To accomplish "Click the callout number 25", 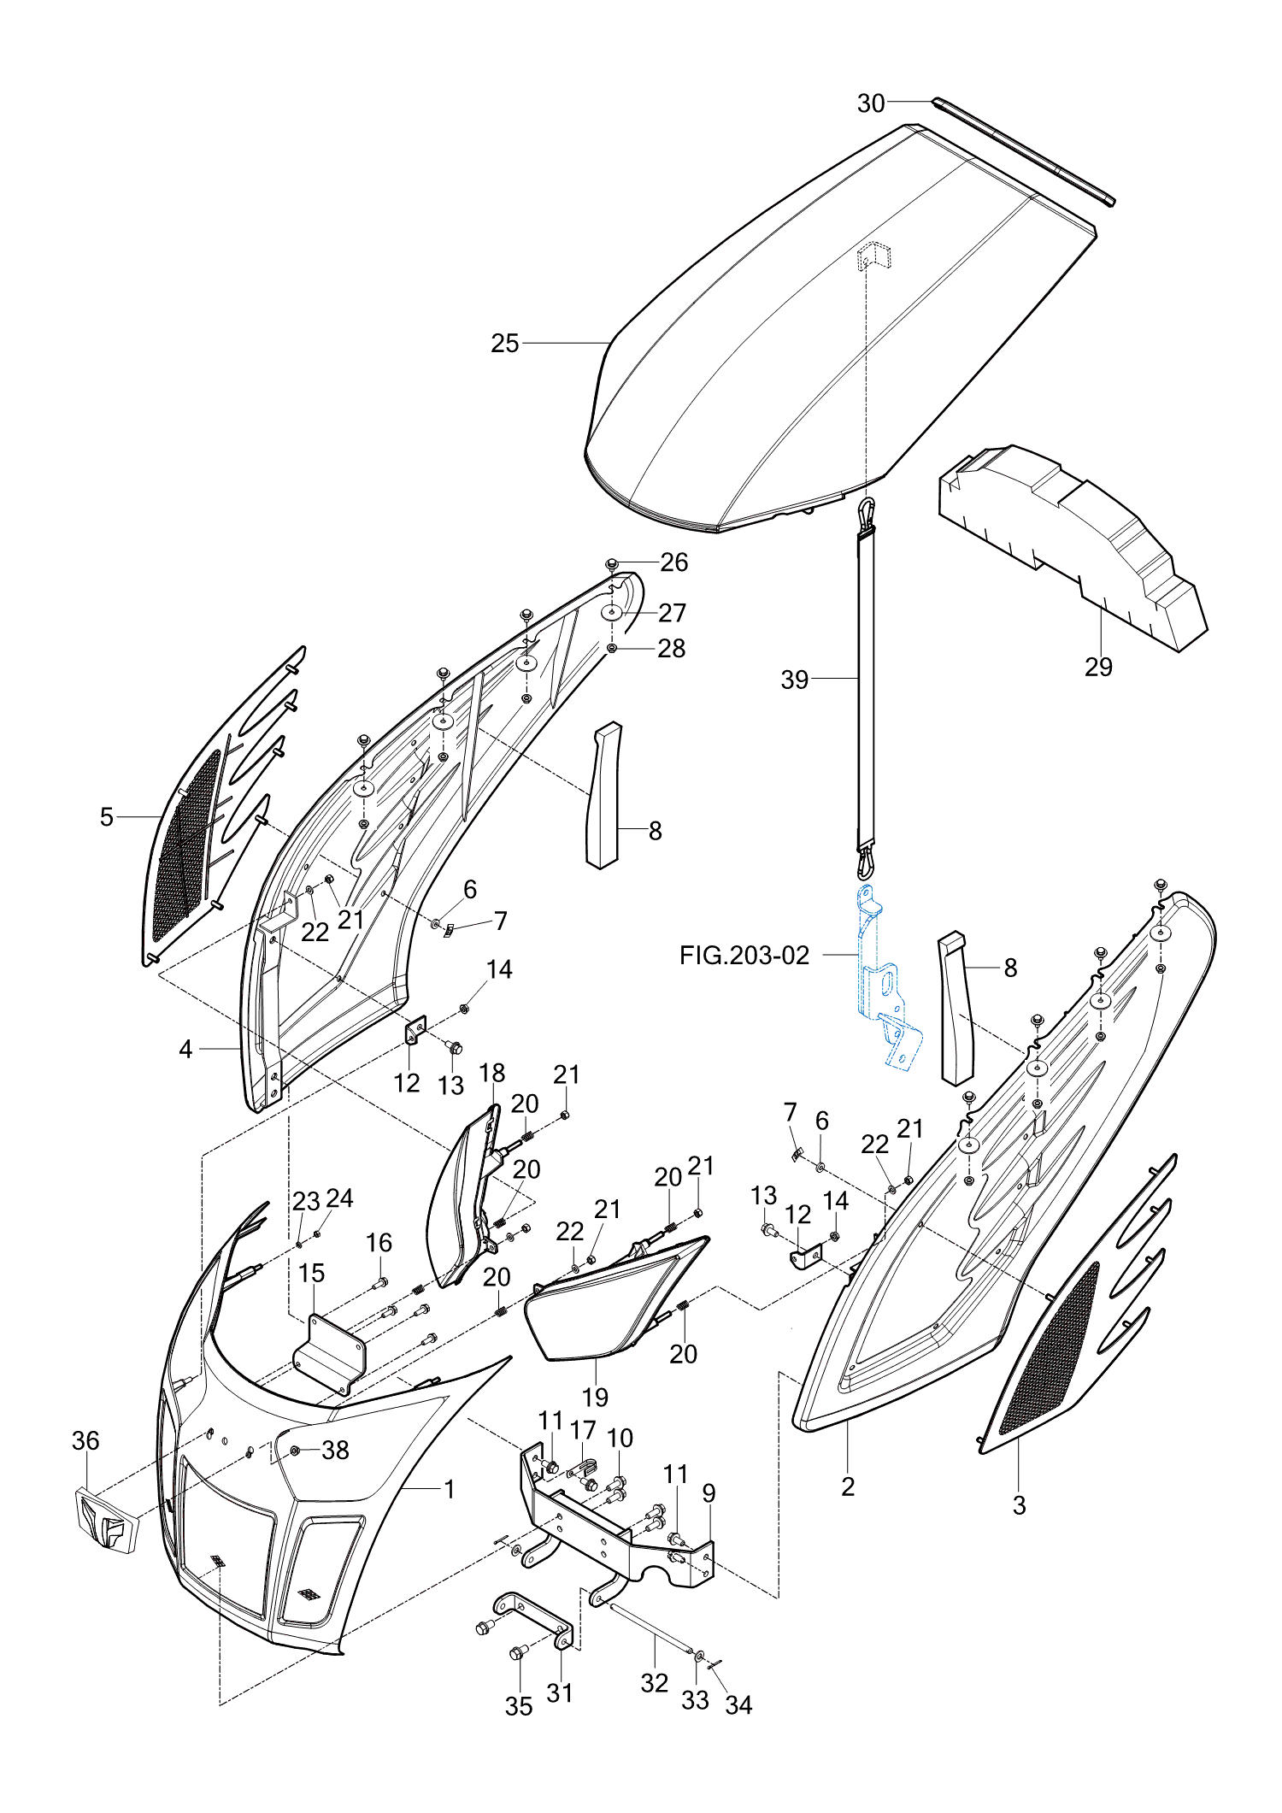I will point(504,344).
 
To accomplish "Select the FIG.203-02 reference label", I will point(744,956).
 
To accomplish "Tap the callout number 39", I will point(794,680).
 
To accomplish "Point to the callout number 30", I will point(870,103).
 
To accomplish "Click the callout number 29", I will point(1098,667).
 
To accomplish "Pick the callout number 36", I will point(85,1441).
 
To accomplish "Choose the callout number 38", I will point(335,1451).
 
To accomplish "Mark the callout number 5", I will point(106,817).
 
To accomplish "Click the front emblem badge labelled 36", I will point(106,1520).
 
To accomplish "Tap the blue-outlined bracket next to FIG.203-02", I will point(885,983).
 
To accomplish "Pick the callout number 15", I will point(312,1274).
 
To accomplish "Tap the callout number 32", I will point(654,1683).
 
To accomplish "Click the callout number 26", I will point(673,562).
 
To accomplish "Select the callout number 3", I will point(1019,1505).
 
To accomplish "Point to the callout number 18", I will point(492,1073).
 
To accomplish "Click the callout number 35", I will point(518,1706).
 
